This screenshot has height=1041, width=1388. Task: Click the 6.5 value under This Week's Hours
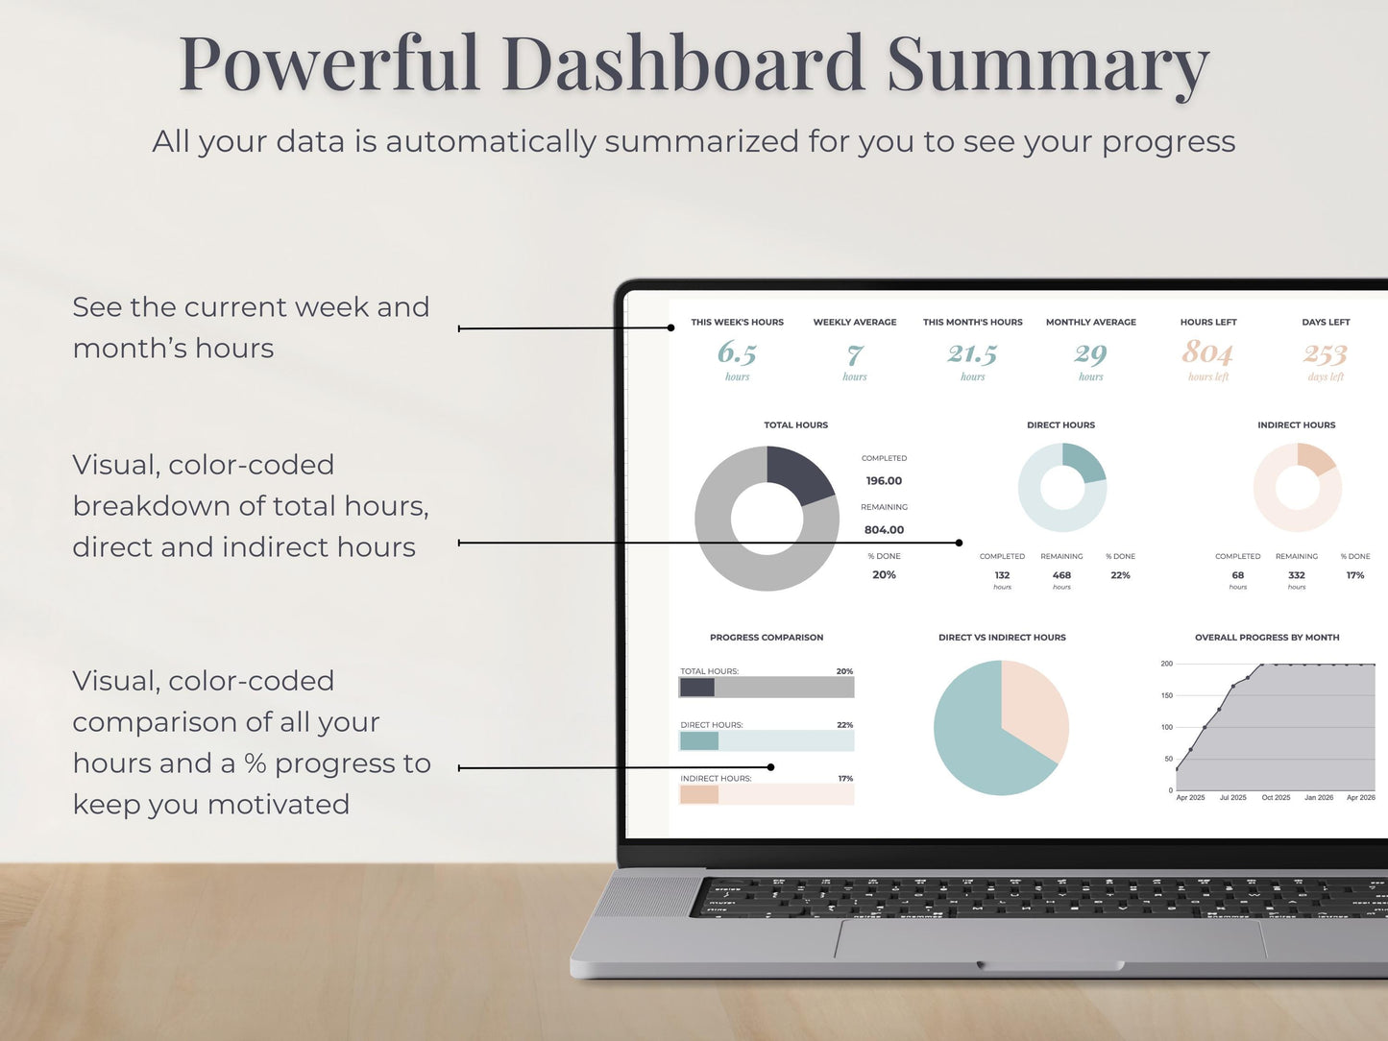click(x=737, y=353)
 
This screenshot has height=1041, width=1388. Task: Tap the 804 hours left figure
click(x=1207, y=352)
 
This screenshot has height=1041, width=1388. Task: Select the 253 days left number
click(x=1326, y=354)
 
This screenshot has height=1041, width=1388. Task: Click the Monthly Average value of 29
click(x=1090, y=354)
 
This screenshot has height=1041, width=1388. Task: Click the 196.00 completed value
click(x=884, y=481)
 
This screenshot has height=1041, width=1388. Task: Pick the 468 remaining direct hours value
click(x=1061, y=575)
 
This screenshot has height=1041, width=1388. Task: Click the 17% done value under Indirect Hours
click(x=1355, y=575)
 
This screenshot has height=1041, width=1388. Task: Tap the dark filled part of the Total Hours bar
click(x=697, y=688)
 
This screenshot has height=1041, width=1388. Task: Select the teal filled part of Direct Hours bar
click(x=699, y=740)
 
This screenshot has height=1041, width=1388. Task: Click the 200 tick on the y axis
click(x=1166, y=664)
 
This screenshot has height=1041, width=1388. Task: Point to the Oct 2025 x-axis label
click(x=1276, y=798)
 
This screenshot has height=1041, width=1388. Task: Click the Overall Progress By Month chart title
click(x=1267, y=638)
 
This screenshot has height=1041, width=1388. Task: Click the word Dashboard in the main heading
click(x=683, y=64)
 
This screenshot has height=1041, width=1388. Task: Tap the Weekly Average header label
click(x=855, y=323)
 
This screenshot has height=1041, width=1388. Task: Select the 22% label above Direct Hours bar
click(x=844, y=725)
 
